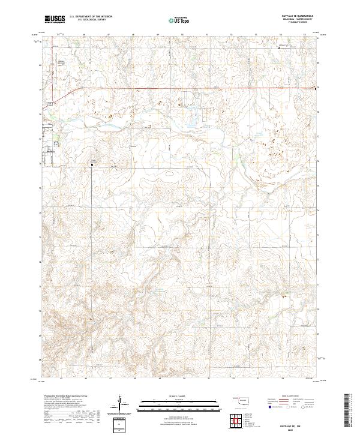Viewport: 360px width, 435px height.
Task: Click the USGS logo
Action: coord(55,19)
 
